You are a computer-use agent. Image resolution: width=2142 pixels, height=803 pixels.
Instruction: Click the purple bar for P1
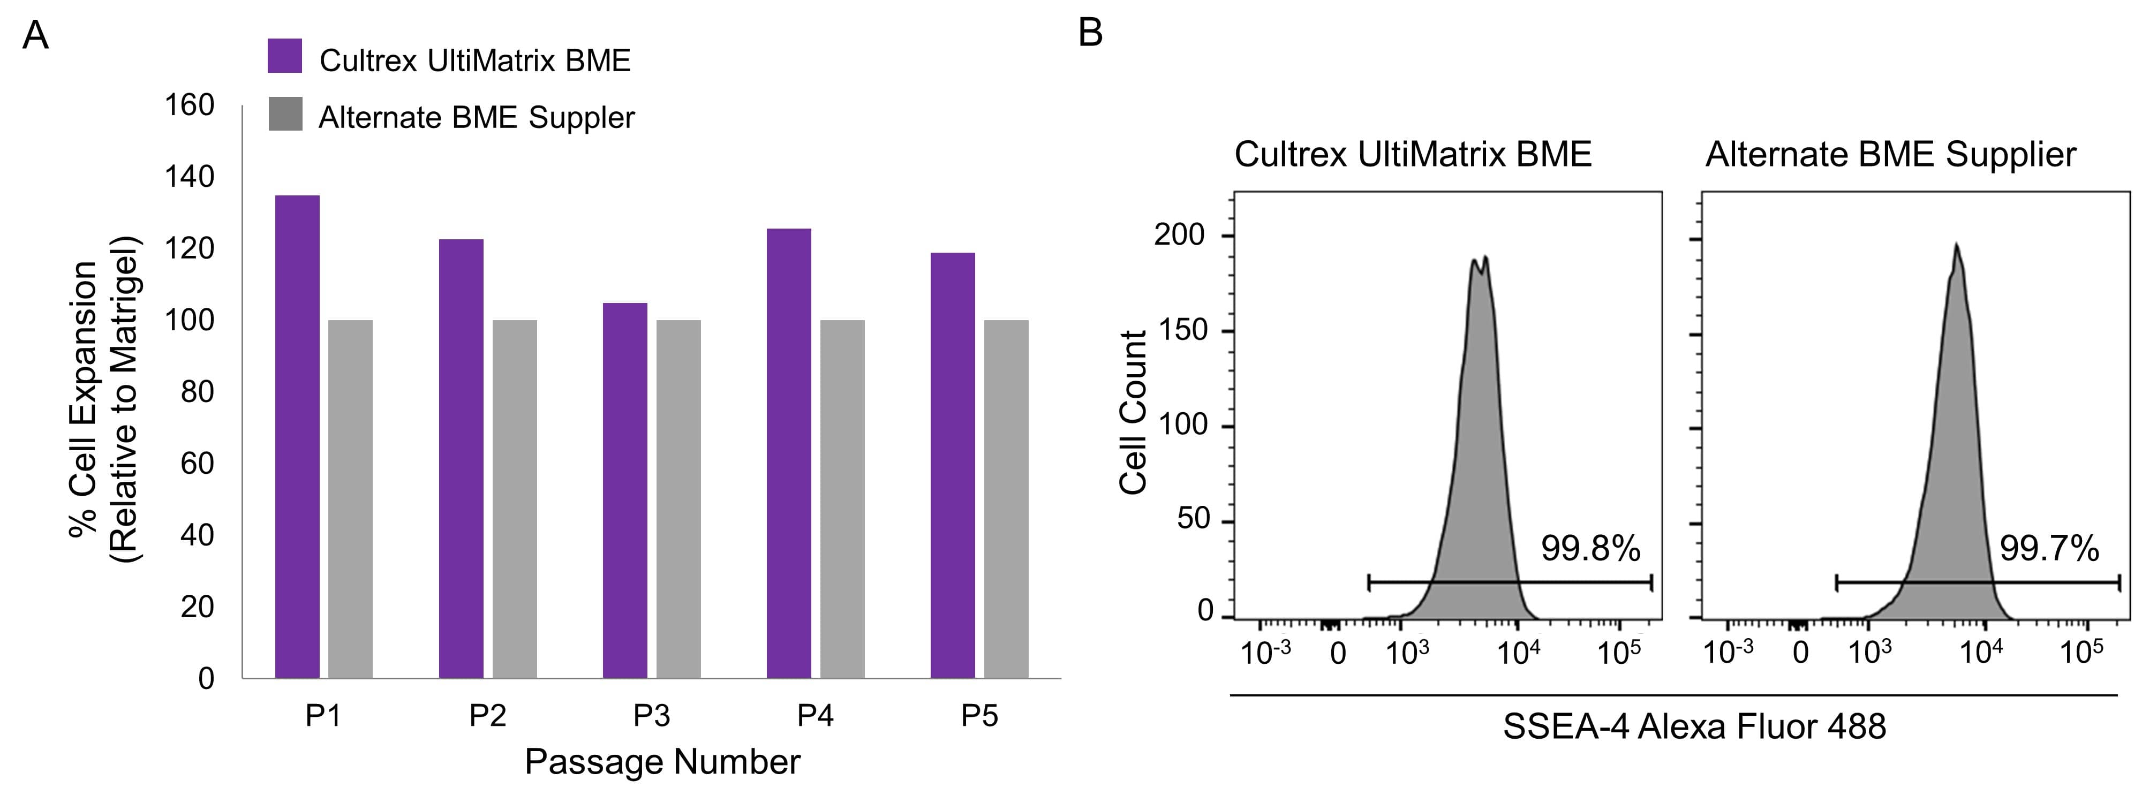pyautogui.click(x=297, y=436)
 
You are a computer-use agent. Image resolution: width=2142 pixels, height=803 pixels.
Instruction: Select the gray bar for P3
pyautogui.click(x=678, y=499)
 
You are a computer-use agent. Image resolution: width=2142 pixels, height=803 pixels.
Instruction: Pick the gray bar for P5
pyautogui.click(x=1006, y=499)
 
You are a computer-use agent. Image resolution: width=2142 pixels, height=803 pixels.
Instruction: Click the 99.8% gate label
pyautogui.click(x=1590, y=549)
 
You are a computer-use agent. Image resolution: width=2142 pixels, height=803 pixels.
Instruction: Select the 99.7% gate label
pyautogui.click(x=2049, y=549)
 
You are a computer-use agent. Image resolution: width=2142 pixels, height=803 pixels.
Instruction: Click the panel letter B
pyautogui.click(x=1090, y=34)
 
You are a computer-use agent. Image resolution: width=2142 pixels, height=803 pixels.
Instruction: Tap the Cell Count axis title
pyautogui.click(x=1133, y=413)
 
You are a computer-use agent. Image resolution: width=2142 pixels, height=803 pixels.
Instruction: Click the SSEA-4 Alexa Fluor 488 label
pyautogui.click(x=1694, y=726)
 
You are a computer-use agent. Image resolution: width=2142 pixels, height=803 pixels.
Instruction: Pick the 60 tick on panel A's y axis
pyautogui.click(x=197, y=464)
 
